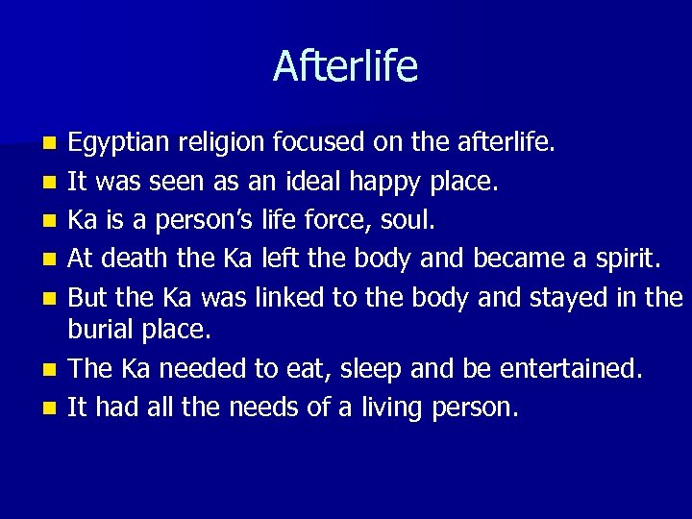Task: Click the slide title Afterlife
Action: pos(345,66)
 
